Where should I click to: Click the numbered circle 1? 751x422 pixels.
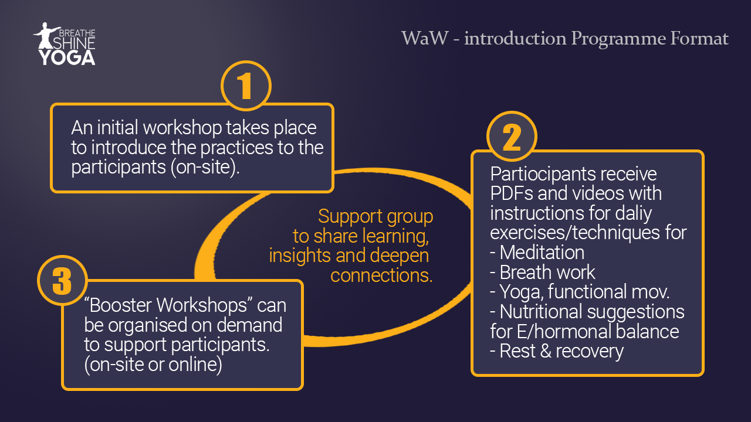click(x=246, y=86)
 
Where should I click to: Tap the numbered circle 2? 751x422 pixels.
click(x=512, y=137)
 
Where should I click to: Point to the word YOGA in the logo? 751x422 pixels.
click(x=67, y=57)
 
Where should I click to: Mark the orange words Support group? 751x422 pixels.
click(x=375, y=216)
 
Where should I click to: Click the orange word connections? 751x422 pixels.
click(x=381, y=275)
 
